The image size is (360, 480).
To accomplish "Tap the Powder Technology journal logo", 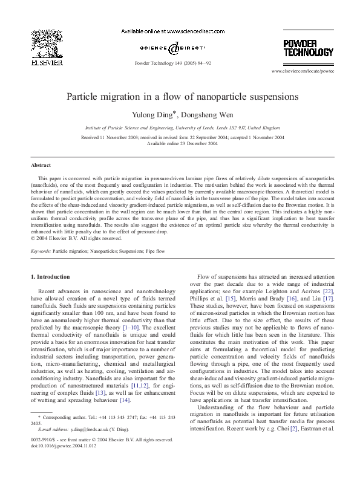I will pyautogui.click(x=308, y=47).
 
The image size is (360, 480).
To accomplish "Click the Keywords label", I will pyautogui.click(x=41, y=250).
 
